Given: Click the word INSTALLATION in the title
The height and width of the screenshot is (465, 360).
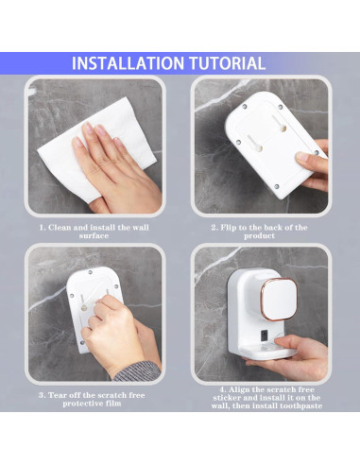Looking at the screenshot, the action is tap(128, 63).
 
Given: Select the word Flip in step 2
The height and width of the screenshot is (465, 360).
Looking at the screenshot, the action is tap(228, 228).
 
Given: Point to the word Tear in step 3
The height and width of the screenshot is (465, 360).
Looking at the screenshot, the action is tap(57, 395).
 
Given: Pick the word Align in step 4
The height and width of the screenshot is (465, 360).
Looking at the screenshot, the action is tap(240, 390).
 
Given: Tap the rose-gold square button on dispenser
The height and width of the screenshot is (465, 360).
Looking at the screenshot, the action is tap(280, 299).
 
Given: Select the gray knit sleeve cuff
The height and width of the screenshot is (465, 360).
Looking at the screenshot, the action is tap(137, 371).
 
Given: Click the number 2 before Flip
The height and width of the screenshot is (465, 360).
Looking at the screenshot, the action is tap(214, 228).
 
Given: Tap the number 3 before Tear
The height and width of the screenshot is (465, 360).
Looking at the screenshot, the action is tap(42, 395).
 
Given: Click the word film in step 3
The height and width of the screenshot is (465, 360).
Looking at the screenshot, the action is tap(113, 404).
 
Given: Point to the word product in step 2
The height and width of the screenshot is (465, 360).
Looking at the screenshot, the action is tap(259, 236).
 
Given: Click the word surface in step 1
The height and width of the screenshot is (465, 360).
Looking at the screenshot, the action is tap(94, 236).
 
